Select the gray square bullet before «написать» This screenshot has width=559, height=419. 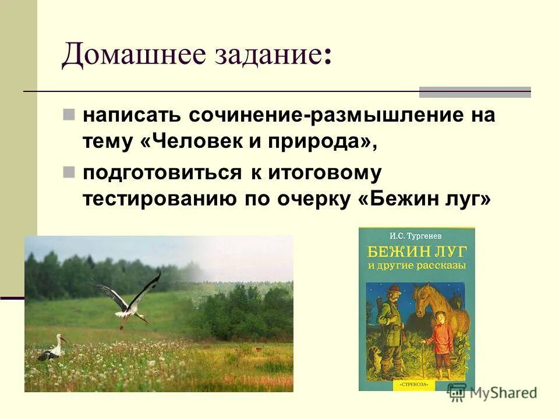[69, 112]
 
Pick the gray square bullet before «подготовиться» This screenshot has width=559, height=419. [69, 171]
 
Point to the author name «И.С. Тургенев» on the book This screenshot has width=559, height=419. [416, 236]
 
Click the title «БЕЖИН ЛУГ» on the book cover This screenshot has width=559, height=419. [416, 252]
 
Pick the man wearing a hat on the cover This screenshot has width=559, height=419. [391, 326]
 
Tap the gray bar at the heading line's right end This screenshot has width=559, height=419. [475, 92]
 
